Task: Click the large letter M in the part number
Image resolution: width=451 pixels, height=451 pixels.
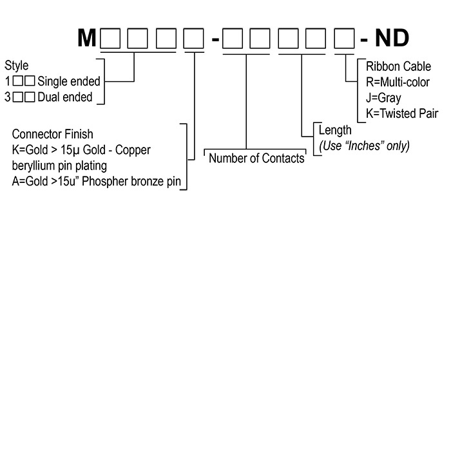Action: coord(86,39)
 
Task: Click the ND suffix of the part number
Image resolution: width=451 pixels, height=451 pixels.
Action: coord(392,39)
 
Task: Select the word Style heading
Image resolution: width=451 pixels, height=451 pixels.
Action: coord(17,66)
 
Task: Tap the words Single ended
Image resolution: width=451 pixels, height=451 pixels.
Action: coord(69,82)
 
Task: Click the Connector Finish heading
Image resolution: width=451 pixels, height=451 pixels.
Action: coord(53,134)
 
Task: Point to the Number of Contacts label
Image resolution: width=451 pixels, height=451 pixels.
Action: coord(256,158)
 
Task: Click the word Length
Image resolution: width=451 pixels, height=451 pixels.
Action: coord(335,131)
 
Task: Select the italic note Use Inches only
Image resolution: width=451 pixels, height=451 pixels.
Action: coord(365,146)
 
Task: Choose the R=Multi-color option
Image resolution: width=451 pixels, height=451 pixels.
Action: coord(398,82)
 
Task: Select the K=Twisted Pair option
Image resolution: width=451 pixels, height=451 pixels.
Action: coord(401,113)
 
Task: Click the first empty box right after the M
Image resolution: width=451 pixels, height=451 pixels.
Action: coord(110,39)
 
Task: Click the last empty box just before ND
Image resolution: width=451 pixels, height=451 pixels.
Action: coord(343,39)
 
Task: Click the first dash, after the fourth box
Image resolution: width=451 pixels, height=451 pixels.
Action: coord(215,41)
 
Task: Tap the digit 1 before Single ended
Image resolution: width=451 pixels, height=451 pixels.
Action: coord(8,82)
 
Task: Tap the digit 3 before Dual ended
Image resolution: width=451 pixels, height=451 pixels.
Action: coord(8,98)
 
